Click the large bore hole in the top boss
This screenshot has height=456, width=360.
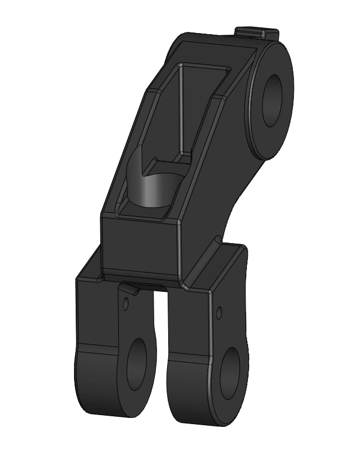point(274,100)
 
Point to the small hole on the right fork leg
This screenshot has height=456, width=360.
point(219,311)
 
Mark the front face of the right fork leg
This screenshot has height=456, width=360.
point(188,325)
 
